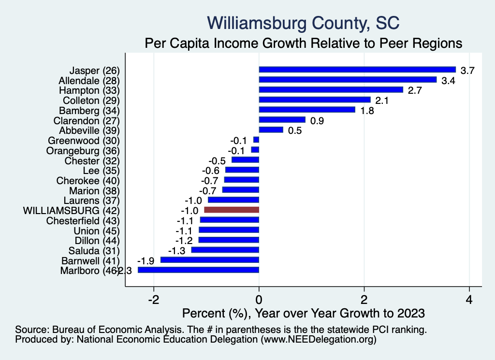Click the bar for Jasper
(x=357, y=70)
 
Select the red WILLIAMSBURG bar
(x=232, y=210)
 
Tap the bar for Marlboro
(x=198, y=270)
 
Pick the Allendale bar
(x=348, y=80)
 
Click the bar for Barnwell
(x=210, y=260)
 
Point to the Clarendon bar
(x=282, y=120)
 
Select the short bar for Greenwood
(x=256, y=140)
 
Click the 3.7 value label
(x=467, y=71)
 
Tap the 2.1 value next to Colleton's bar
(x=382, y=101)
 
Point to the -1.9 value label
(x=146, y=261)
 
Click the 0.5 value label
(x=294, y=130)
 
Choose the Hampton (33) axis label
(x=89, y=90)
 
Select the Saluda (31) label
(x=93, y=250)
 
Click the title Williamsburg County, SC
(x=303, y=23)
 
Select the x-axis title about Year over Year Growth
(x=303, y=313)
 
